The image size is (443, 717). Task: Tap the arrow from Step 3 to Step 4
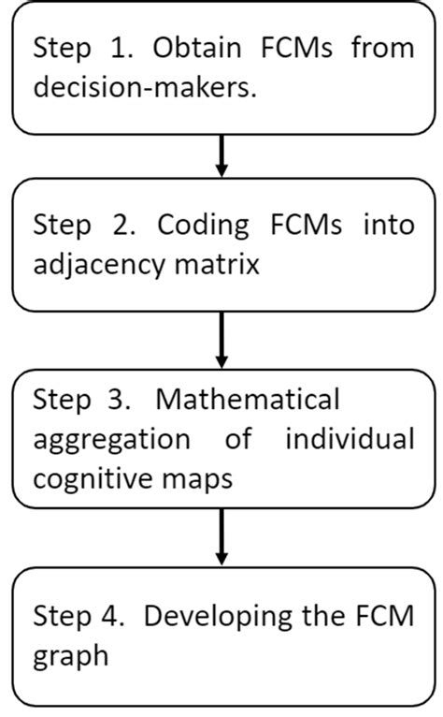pos(221,537)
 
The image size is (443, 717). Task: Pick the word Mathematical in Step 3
pos(247,400)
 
